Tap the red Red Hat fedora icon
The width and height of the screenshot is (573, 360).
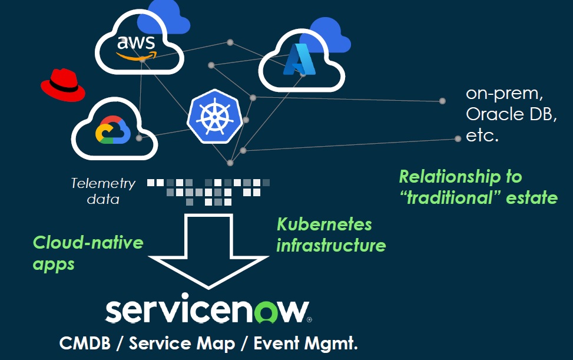[62, 85]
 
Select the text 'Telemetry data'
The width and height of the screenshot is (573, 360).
[103, 191]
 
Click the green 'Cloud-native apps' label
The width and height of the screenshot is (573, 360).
[88, 252]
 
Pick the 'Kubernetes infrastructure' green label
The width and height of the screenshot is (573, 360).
[331, 235]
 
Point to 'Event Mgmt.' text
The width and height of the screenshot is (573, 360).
[306, 344]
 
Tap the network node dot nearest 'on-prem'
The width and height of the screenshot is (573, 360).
[443, 101]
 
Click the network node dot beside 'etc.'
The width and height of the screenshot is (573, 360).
[458, 138]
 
